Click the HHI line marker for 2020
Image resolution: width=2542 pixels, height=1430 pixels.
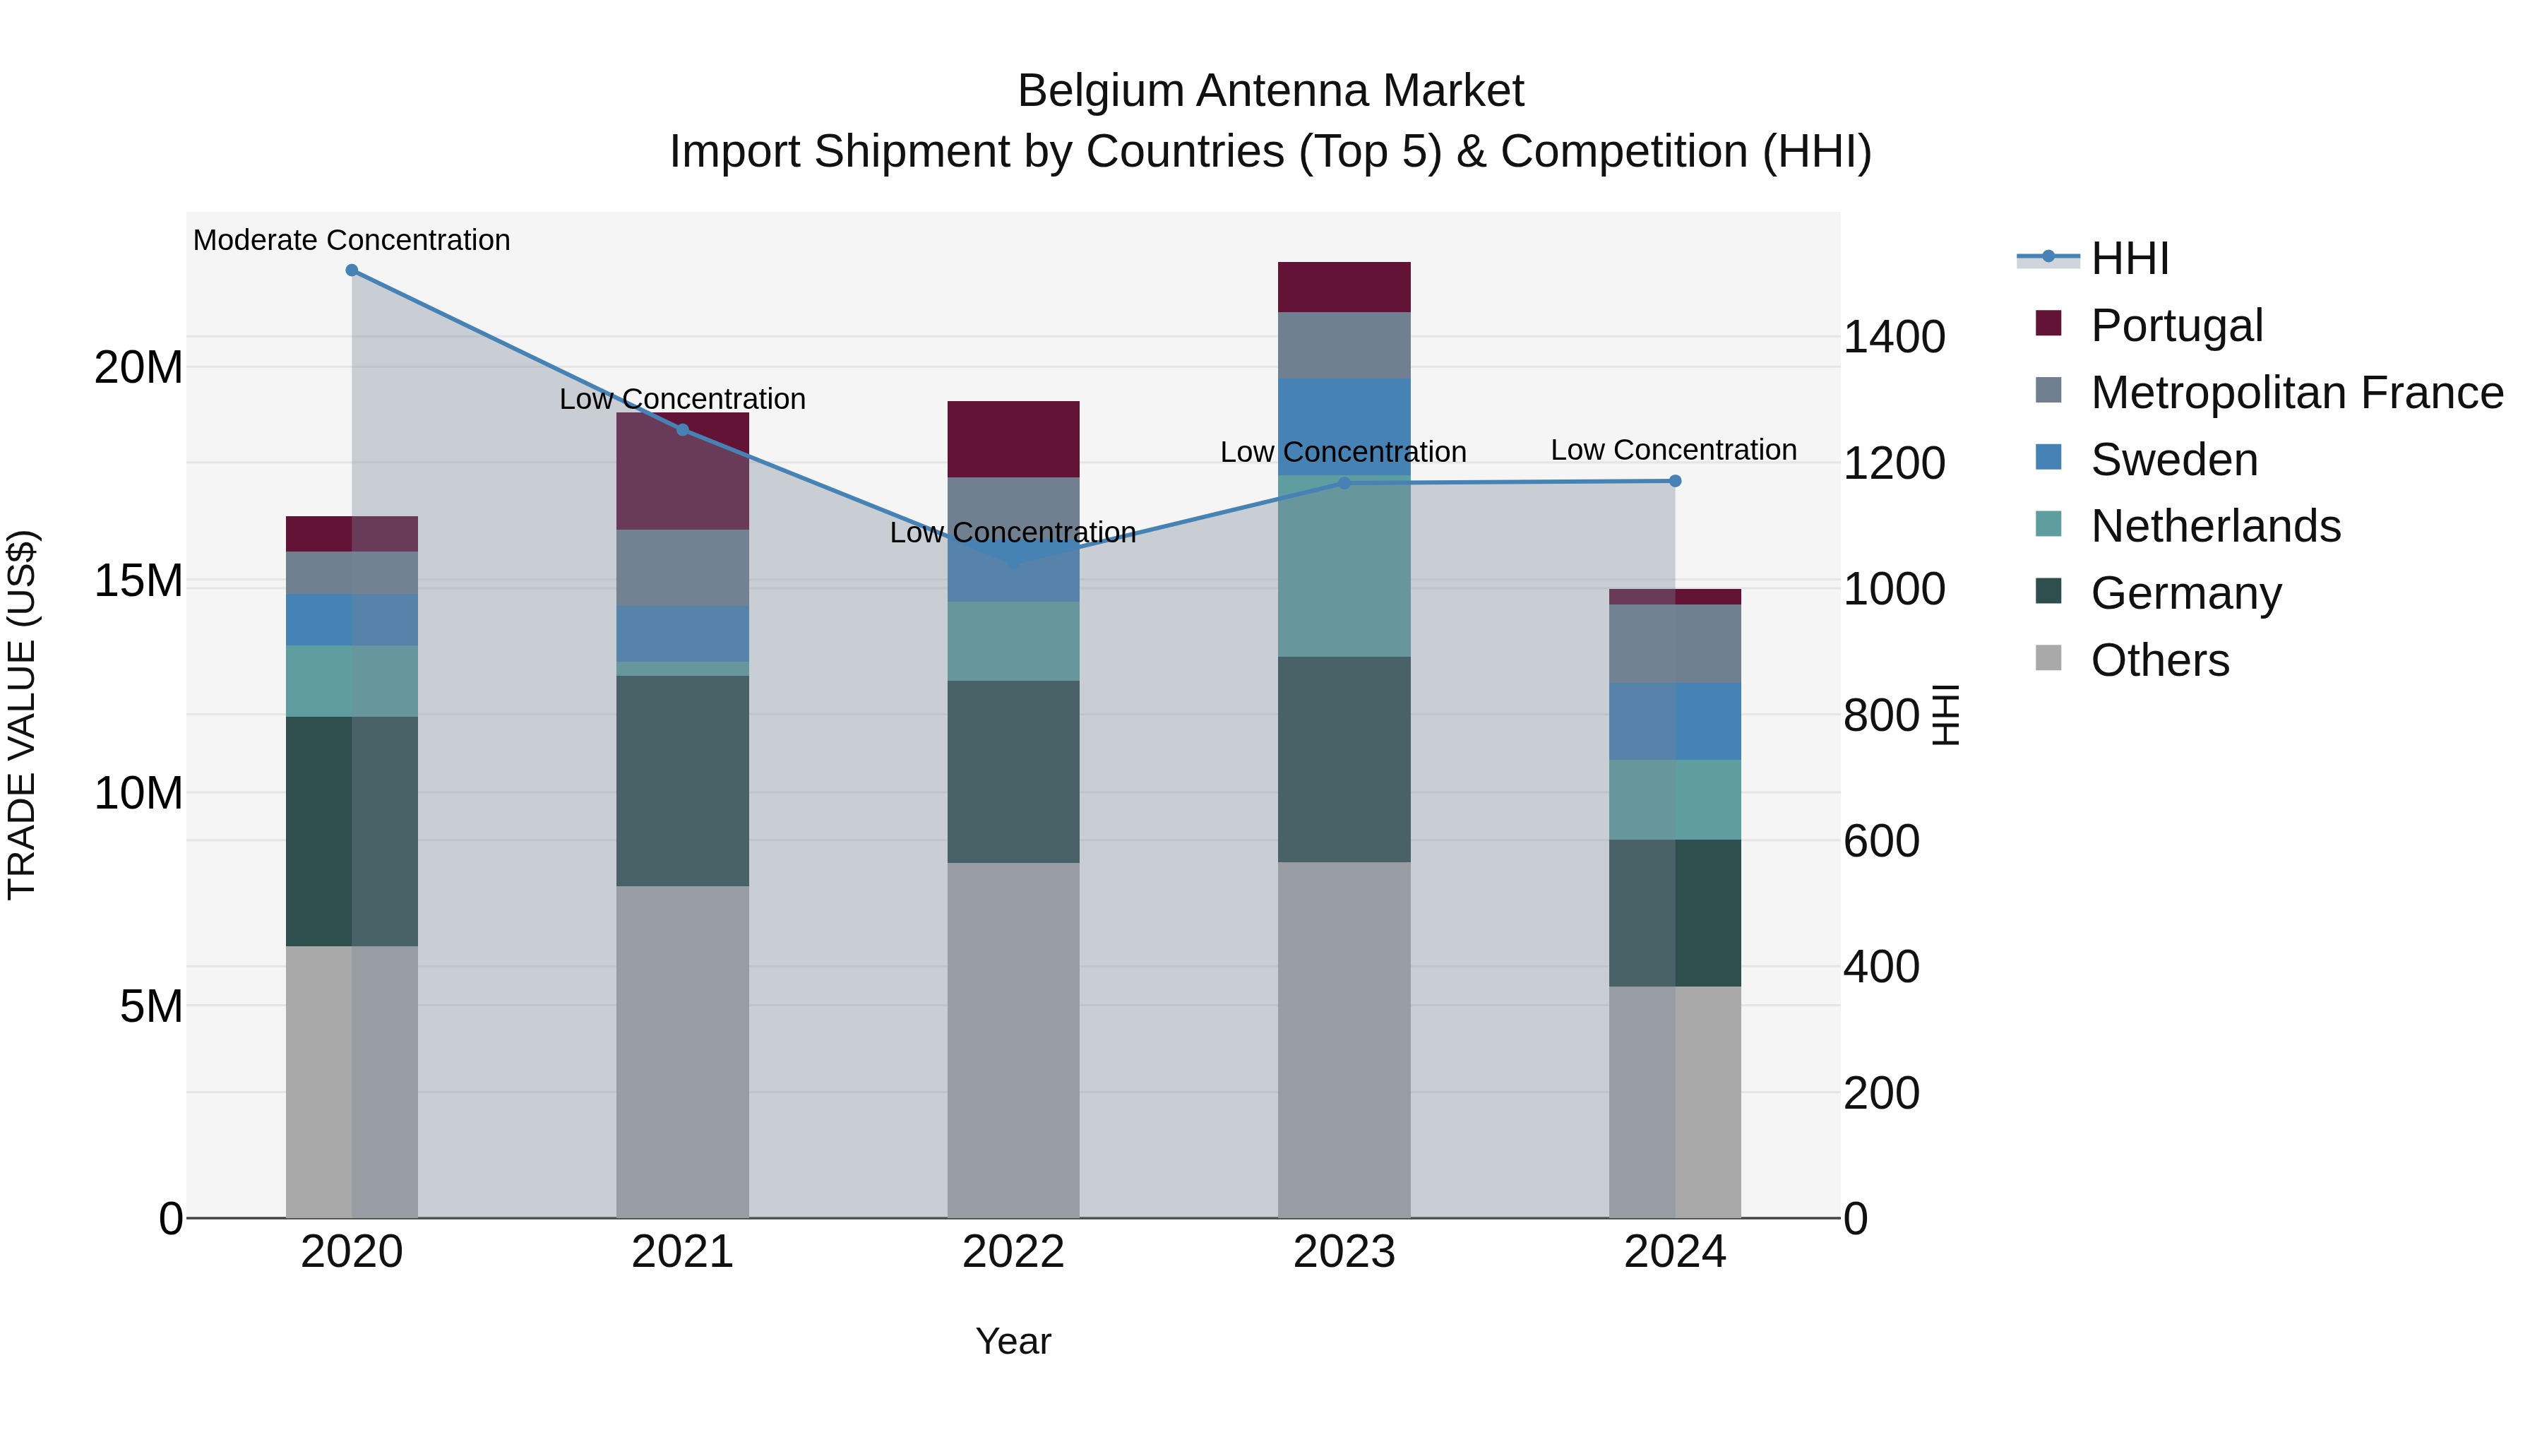click(352, 270)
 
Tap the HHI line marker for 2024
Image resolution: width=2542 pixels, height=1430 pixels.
click(1675, 481)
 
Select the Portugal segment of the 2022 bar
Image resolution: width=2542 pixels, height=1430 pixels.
click(1013, 439)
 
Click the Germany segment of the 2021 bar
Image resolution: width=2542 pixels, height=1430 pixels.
click(682, 780)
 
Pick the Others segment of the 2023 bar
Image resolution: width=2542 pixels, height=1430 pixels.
click(1343, 1039)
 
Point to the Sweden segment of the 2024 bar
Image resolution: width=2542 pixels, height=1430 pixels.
click(1675, 722)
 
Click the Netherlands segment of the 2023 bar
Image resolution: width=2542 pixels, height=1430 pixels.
click(1343, 566)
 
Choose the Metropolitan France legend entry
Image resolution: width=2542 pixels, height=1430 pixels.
click(2296, 393)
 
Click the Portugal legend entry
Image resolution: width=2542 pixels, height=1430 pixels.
click(2176, 326)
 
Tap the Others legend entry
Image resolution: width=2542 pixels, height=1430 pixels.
click(2159, 660)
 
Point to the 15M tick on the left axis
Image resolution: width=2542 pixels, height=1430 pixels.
click(138, 580)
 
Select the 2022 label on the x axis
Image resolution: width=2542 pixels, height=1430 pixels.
click(1013, 1252)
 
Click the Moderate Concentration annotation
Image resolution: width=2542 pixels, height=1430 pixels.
click(352, 240)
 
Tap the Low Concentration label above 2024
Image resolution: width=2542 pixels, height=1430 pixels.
click(1673, 450)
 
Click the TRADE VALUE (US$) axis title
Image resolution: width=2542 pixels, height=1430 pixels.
click(22, 715)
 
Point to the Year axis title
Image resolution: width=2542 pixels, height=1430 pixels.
click(1013, 1341)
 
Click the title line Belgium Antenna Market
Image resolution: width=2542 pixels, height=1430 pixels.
click(1270, 91)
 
